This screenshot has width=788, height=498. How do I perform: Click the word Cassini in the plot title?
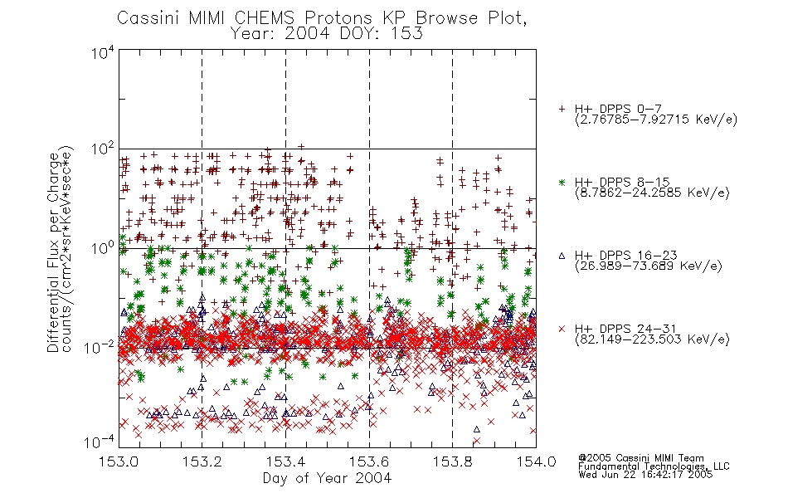click(x=149, y=18)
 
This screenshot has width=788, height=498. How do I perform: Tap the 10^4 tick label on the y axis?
click(x=102, y=53)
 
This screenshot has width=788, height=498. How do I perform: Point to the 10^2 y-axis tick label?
click(x=102, y=149)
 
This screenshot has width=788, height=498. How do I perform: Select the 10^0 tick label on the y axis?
click(x=102, y=249)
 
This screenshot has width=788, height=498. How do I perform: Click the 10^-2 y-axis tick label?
click(x=99, y=348)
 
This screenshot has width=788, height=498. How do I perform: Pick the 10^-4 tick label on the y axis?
click(x=99, y=442)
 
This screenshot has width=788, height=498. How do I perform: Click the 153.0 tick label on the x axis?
click(x=119, y=461)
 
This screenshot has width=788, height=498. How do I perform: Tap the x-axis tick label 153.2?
click(x=202, y=461)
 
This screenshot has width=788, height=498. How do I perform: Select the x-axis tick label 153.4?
click(x=285, y=461)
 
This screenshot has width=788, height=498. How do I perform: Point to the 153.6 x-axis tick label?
click(x=369, y=461)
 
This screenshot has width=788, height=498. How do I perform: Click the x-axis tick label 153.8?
click(x=453, y=461)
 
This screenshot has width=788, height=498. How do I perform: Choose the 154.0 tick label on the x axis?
click(x=536, y=461)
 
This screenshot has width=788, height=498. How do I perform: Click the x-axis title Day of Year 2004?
click(x=327, y=478)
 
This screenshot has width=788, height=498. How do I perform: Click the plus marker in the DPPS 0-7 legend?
click(x=562, y=109)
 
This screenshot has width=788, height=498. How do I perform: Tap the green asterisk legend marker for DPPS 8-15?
click(x=562, y=183)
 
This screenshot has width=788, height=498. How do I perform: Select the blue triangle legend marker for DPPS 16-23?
click(x=562, y=256)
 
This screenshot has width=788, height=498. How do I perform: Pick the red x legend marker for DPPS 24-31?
click(x=562, y=329)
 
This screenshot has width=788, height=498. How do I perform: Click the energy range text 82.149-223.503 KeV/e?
click(x=652, y=339)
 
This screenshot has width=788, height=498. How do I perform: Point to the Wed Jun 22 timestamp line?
click(x=645, y=475)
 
